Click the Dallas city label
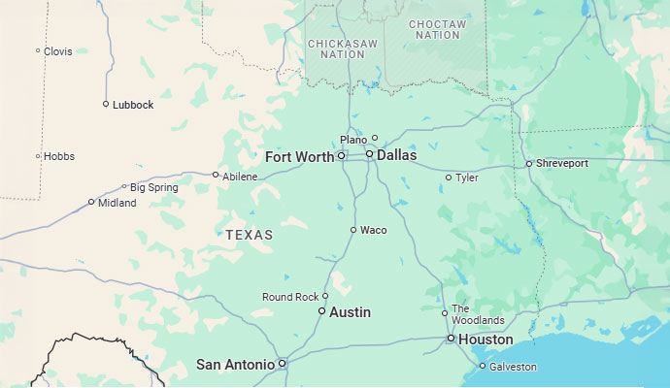tap(396, 155)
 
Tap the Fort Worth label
tap(299, 157)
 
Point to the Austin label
tap(350, 313)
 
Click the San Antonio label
tap(235, 365)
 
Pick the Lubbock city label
tap(133, 105)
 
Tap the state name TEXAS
tap(250, 236)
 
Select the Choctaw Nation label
tap(437, 29)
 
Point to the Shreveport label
tap(562, 164)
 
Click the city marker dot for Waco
tap(353, 230)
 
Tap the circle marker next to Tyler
tap(449, 178)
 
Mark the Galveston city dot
tap(483, 366)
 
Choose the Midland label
tap(117, 203)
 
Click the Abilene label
tap(240, 177)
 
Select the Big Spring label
tap(153, 187)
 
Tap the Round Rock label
tap(289, 297)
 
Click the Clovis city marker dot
tap(38, 51)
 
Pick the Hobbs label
tap(59, 156)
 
